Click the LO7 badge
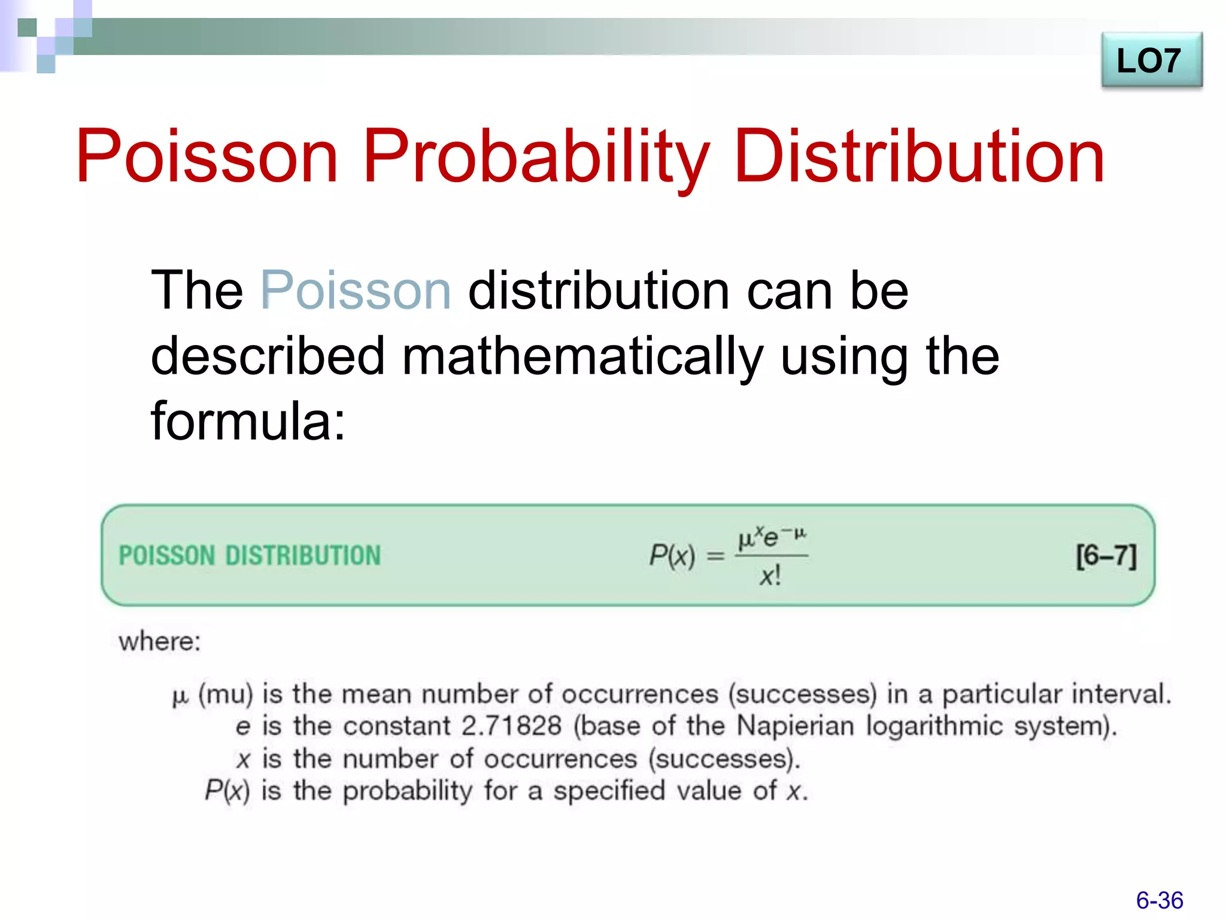1151,60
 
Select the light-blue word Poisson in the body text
356,290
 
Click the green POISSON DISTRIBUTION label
250,555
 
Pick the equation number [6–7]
1106,556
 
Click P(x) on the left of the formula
672,555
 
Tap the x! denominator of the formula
770,576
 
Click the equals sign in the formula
715,556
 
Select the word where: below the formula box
159,641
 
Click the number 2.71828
512,726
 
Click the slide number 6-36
1160,900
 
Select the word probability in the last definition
407,791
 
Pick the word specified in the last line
609,791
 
